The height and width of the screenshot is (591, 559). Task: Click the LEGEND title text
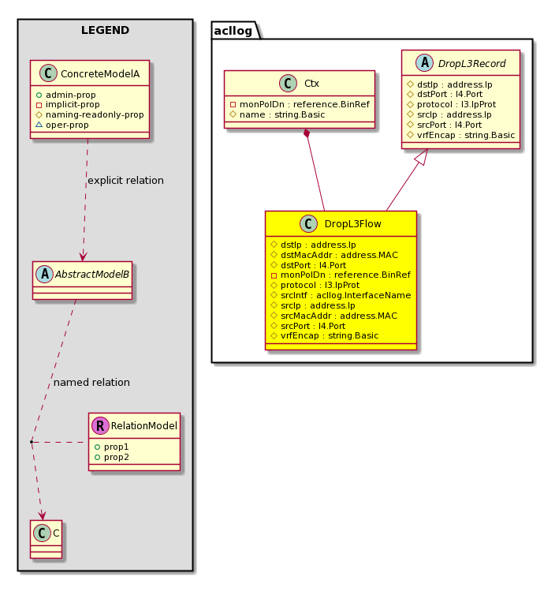click(x=105, y=30)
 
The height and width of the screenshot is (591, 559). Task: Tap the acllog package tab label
click(x=233, y=31)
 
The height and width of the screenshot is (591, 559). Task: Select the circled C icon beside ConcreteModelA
click(x=48, y=73)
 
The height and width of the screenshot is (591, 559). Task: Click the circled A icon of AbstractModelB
click(x=44, y=274)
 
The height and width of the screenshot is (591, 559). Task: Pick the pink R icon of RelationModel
click(x=100, y=425)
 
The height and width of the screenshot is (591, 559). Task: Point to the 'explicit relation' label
click(x=126, y=180)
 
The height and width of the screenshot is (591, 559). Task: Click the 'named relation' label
click(x=91, y=382)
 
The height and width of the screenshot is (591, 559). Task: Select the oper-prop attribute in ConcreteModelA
click(x=67, y=125)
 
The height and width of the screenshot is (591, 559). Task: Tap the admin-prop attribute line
click(x=70, y=95)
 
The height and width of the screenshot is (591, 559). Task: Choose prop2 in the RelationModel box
click(x=117, y=457)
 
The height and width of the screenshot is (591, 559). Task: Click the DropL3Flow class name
click(x=352, y=224)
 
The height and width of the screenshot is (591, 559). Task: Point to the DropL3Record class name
click(x=471, y=63)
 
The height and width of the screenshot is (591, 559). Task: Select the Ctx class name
click(x=311, y=84)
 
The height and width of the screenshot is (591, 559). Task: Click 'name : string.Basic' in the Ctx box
click(x=282, y=114)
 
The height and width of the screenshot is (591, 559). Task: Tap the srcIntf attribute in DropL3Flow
click(x=346, y=295)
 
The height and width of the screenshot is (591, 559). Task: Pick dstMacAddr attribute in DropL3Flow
click(x=339, y=255)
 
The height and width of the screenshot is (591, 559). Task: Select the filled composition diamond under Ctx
click(x=307, y=133)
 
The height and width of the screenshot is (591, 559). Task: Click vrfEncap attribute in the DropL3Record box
click(x=466, y=135)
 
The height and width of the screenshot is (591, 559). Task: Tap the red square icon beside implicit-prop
click(x=39, y=105)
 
